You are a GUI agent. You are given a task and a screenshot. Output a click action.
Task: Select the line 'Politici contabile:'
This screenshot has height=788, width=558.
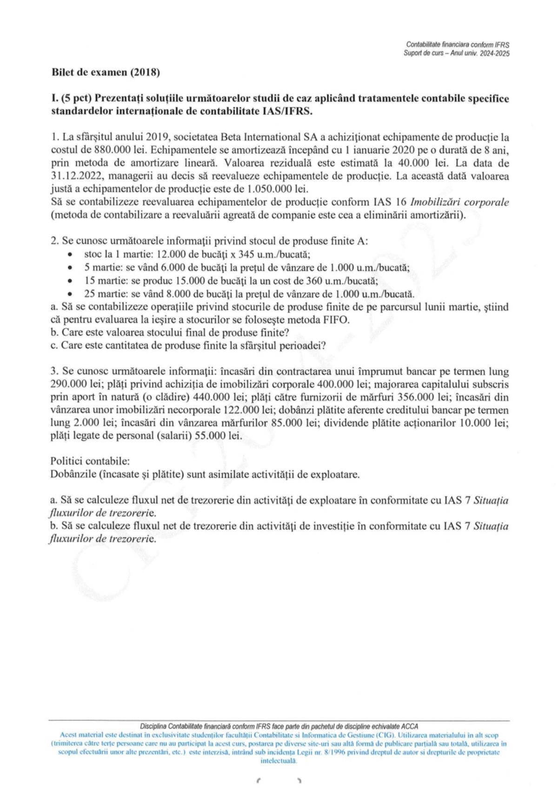pyautogui.click(x=90, y=461)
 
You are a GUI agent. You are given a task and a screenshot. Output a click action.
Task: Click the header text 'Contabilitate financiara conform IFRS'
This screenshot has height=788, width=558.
pyautogui.click(x=458, y=45)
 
